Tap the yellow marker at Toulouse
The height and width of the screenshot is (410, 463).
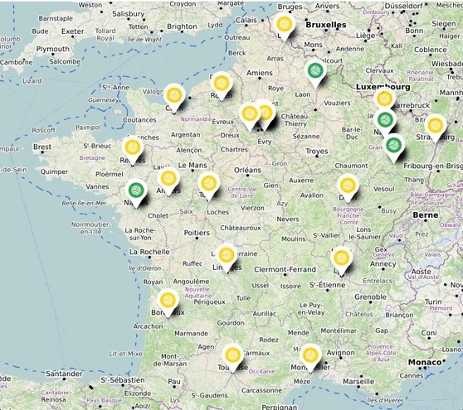point(233,355)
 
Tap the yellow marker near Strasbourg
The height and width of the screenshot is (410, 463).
point(436,126)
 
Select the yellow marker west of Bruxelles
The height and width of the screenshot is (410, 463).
point(285,25)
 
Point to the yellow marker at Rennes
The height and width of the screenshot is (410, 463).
point(132,149)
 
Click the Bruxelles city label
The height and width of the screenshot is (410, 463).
point(325,25)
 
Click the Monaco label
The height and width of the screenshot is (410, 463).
point(425,363)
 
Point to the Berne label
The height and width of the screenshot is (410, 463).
point(426,215)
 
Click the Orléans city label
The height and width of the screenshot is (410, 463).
point(247,170)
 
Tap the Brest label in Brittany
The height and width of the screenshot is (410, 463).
point(41,147)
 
